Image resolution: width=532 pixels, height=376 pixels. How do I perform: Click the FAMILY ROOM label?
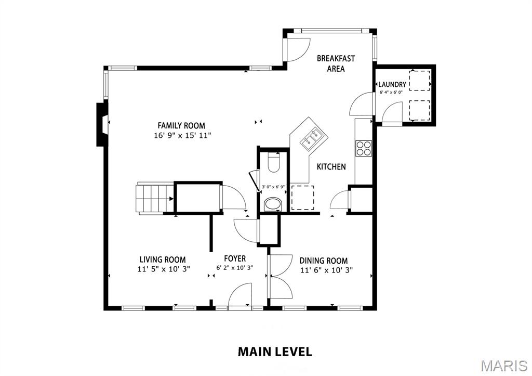[x=181, y=126]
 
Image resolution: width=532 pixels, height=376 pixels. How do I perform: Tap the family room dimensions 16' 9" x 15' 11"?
[x=182, y=136]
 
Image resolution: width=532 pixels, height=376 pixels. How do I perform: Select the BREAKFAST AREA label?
[x=336, y=63]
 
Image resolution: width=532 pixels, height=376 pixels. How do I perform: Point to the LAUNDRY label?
[x=392, y=84]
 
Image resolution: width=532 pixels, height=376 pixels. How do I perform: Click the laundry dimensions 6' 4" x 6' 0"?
[x=391, y=92]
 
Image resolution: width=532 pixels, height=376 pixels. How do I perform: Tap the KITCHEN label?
[x=331, y=167]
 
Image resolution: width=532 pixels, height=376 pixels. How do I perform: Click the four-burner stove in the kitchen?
[x=363, y=148]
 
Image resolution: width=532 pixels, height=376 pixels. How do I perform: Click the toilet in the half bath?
[x=273, y=162]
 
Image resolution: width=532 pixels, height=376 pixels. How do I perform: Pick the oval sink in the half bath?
[x=273, y=204]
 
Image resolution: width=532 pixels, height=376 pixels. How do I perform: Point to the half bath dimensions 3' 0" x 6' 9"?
[x=273, y=187]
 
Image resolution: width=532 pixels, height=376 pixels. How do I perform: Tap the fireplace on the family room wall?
[x=102, y=124]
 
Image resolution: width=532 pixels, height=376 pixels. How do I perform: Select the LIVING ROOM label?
[x=163, y=260]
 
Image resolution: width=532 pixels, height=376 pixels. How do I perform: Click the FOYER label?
[x=235, y=259]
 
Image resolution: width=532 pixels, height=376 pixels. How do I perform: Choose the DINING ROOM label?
[x=323, y=261]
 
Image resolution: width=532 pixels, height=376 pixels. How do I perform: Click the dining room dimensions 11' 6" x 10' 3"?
[x=326, y=270]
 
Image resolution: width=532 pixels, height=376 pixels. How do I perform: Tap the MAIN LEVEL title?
[x=275, y=352]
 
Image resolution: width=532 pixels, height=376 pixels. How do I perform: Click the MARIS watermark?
[x=504, y=366]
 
